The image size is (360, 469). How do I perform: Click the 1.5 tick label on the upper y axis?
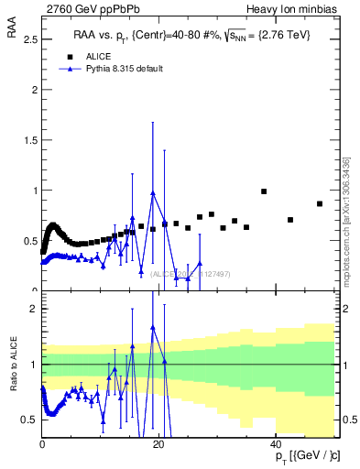coord(29,140)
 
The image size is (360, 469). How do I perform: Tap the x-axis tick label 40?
coord(277,445)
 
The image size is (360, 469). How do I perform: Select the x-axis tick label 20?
coord(159,445)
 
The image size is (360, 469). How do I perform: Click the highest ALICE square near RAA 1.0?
coord(264,191)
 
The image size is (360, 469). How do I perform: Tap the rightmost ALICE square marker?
coord(320,203)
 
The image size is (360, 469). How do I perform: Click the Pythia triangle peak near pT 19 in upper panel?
coord(153,193)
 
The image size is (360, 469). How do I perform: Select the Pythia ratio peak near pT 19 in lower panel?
coord(153,326)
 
